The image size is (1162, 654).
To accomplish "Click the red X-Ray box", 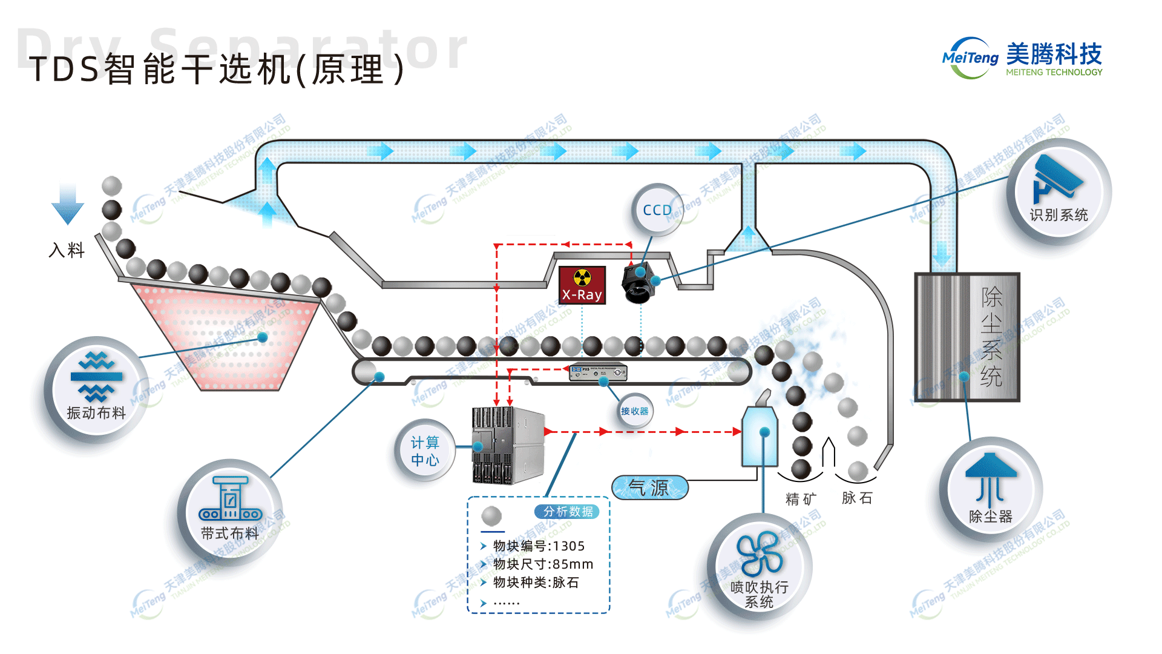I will [x=582, y=285].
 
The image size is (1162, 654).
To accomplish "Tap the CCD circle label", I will [x=657, y=210].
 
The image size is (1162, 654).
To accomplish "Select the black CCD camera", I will [x=638, y=283].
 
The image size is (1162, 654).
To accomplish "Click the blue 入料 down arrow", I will [x=67, y=204].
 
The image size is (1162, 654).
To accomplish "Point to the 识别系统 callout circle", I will [x=1059, y=193].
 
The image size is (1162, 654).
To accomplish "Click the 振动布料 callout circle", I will [x=96, y=388].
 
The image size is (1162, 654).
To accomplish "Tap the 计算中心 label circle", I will [x=425, y=451].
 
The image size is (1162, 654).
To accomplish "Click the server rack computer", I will [x=508, y=445].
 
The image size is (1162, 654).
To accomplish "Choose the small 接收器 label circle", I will [x=634, y=411].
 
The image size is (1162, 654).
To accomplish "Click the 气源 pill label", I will [x=650, y=487].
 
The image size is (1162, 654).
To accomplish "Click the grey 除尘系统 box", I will [x=967, y=337].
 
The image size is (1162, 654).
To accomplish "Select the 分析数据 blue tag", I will [x=567, y=512].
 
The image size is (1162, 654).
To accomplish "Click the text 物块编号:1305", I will [x=539, y=546].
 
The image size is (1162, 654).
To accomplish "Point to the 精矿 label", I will [x=801, y=499].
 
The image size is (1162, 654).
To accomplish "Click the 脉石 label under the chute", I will [x=857, y=498].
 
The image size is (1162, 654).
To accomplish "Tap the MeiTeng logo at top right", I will [x=1022, y=58].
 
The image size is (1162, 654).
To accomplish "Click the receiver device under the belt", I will [x=598, y=371].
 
